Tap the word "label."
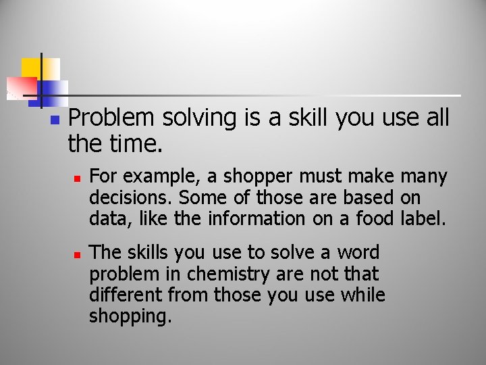(423, 218)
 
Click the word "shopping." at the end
(130, 316)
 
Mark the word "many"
(424, 177)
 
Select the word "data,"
(107, 218)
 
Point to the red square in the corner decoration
(20, 87)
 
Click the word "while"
(362, 295)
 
